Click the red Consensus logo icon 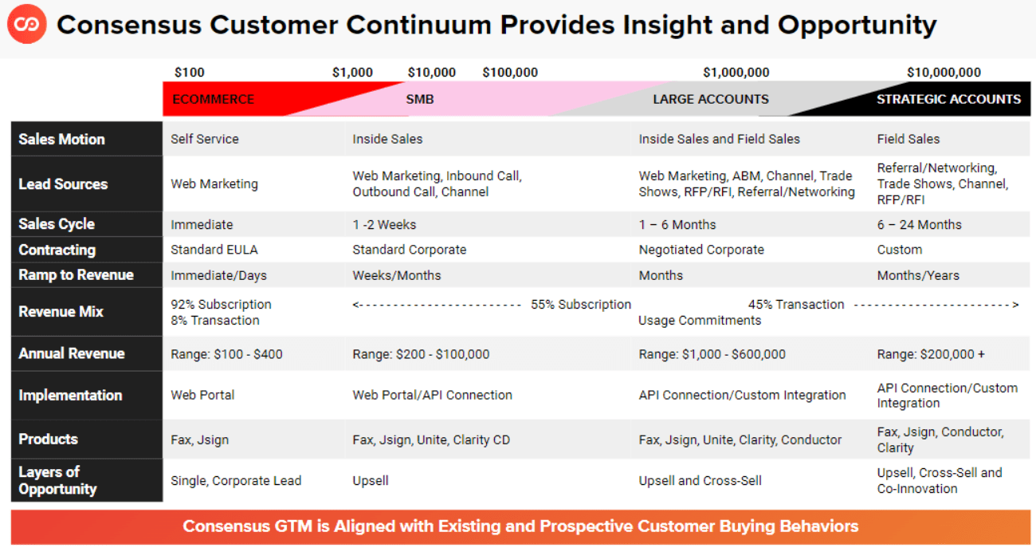26,26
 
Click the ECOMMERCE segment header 213,100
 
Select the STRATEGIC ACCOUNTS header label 948,100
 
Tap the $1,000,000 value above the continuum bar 736,73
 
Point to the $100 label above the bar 190,73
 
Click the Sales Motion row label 62,139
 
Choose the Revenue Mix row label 61,312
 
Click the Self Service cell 205,139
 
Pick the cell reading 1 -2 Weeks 384,225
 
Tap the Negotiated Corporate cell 701,250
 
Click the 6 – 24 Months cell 919,225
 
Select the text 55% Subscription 581,305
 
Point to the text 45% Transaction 796,305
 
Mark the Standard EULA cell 214,250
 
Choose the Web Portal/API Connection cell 432,395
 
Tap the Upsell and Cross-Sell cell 700,480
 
